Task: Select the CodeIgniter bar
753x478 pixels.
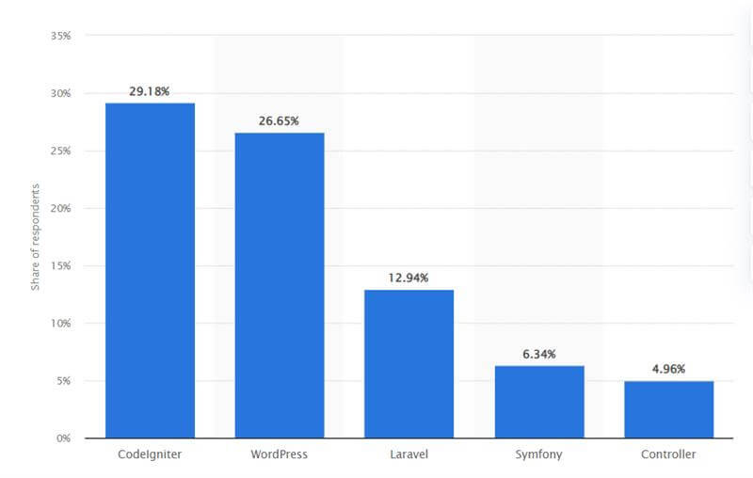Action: [x=150, y=270]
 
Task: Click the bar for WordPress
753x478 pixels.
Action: [x=280, y=285]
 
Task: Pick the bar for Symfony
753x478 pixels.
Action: [x=539, y=402]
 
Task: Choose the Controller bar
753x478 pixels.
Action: [x=668, y=409]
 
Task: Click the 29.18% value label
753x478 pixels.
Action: [x=150, y=92]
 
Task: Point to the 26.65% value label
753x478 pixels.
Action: [x=280, y=121]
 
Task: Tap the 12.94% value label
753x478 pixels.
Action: [x=409, y=278]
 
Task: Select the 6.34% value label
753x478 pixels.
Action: [x=539, y=354]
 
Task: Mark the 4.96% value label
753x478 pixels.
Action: [x=668, y=369]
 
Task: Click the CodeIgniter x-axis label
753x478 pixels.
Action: [x=150, y=454]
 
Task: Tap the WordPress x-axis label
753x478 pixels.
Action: [x=280, y=454]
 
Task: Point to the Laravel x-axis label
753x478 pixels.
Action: [x=409, y=454]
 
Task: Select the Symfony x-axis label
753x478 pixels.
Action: [x=539, y=454]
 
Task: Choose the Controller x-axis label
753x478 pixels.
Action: [x=668, y=454]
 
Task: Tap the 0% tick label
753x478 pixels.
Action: [x=65, y=438]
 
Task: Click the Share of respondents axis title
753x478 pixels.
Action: [x=36, y=236]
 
